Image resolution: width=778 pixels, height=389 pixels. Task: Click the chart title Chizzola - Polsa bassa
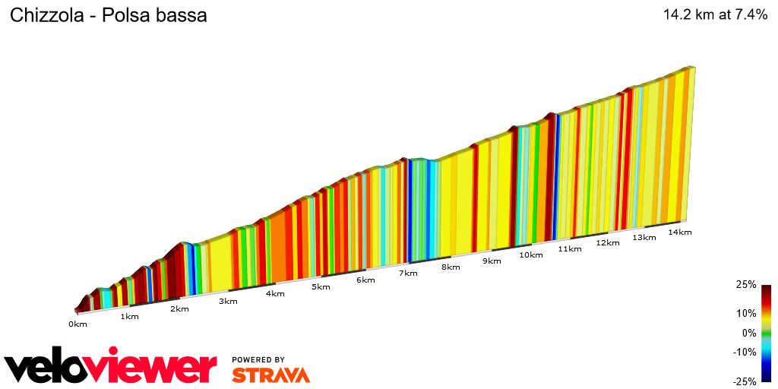(x=108, y=15)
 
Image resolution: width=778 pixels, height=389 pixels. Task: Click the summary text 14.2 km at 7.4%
(x=716, y=14)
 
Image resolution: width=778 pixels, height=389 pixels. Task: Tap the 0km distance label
(x=77, y=324)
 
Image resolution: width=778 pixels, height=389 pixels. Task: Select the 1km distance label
(x=129, y=316)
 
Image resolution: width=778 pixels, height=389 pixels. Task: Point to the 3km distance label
(x=228, y=301)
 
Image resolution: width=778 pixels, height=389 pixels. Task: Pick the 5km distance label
(x=321, y=286)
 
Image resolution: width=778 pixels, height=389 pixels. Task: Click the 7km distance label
(x=408, y=273)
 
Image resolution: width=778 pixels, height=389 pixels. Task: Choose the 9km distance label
(x=492, y=261)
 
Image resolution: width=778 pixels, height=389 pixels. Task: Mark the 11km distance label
(x=569, y=248)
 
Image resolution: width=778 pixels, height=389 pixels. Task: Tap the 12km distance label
(x=607, y=242)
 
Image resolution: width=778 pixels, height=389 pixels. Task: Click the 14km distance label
(x=679, y=232)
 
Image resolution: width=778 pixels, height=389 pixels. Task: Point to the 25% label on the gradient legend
(x=745, y=285)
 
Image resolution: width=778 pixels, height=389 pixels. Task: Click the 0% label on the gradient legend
(x=748, y=333)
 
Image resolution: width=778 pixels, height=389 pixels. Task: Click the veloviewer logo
(x=111, y=367)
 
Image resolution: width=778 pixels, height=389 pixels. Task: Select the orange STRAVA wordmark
(x=270, y=375)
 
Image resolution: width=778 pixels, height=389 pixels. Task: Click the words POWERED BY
(x=258, y=359)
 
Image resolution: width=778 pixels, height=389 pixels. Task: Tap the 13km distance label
(x=644, y=237)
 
